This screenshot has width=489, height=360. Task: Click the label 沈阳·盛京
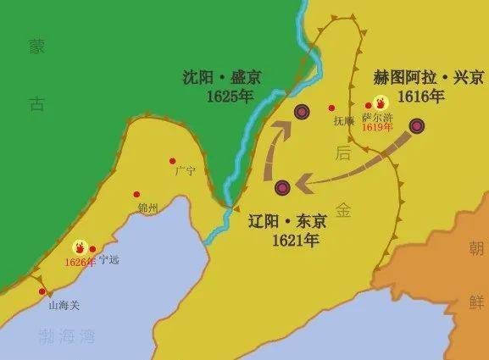[222, 77]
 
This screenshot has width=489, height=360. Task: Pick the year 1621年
[295, 241]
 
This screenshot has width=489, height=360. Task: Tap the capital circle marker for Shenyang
[302, 112]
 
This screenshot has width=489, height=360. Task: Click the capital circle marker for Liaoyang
[282, 187]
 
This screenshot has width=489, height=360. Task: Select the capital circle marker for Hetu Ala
[417, 126]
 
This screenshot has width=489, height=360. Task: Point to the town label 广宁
[185, 170]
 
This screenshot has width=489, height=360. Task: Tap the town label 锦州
[147, 206]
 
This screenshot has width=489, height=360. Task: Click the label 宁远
[109, 259]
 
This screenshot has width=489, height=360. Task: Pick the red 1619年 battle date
[377, 128]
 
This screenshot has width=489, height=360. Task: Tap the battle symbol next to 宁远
[81, 247]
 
